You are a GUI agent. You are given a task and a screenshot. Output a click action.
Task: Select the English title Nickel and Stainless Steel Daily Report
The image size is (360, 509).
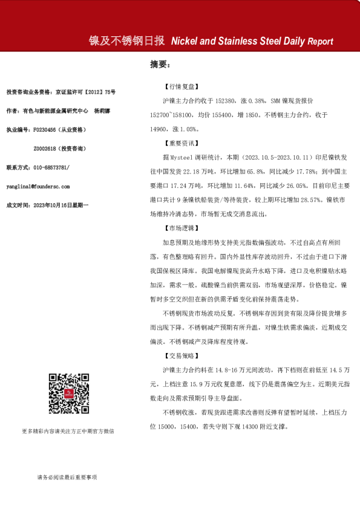(252, 42)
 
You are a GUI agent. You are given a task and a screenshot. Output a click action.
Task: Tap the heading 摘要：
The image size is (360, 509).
(160, 64)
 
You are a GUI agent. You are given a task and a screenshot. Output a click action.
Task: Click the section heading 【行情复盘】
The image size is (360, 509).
(181, 87)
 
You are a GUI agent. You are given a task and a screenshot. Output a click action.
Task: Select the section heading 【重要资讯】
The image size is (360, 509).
(181, 143)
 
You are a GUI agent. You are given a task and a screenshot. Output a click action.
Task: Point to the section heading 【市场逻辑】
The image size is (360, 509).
(181, 229)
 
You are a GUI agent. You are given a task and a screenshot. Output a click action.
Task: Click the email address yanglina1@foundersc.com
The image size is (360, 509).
(38, 187)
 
